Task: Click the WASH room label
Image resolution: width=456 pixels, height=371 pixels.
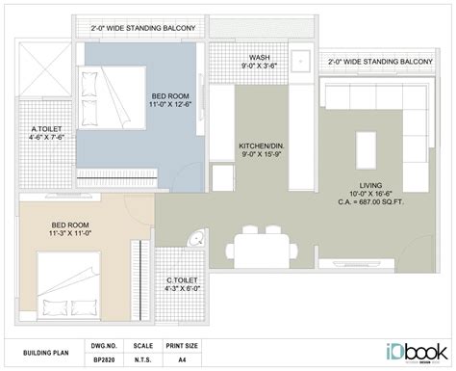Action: point(259,58)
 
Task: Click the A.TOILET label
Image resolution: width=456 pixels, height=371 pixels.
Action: point(46,127)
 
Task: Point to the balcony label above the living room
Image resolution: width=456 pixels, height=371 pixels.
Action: point(379,61)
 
